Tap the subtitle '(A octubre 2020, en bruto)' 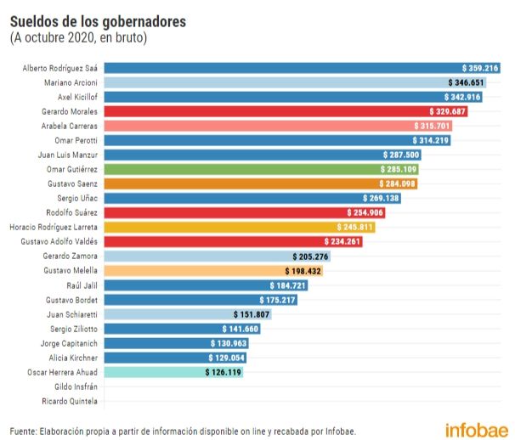[78, 37]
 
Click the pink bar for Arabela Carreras [272, 126]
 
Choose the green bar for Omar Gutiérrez [255, 169]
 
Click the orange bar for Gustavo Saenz [255, 183]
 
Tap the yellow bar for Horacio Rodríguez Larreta [238, 228]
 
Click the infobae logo [476, 430]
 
